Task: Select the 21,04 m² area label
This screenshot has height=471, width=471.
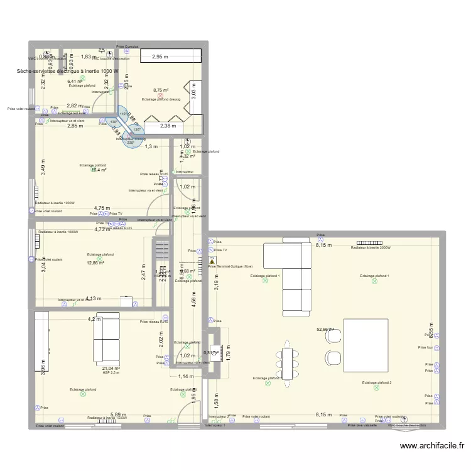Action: click(x=111, y=369)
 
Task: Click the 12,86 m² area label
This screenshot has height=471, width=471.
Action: click(x=95, y=263)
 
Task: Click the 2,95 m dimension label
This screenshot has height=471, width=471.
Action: click(x=161, y=57)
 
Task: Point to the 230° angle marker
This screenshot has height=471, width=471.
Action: click(x=131, y=143)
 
